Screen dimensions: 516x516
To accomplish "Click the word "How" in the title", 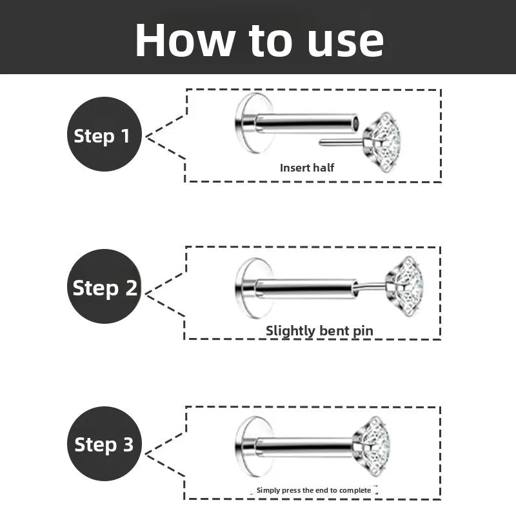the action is pyautogui.click(x=185, y=41).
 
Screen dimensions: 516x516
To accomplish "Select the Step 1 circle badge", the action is pyautogui.click(x=104, y=134).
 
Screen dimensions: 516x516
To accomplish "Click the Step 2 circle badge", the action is pyautogui.click(x=104, y=286).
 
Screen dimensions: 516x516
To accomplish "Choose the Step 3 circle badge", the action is pyautogui.click(x=104, y=444).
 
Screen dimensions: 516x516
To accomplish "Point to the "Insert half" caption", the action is pyautogui.click(x=307, y=168).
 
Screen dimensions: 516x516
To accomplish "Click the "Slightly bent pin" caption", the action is pyautogui.click(x=319, y=331).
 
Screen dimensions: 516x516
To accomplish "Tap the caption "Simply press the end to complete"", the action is pyautogui.click(x=313, y=490).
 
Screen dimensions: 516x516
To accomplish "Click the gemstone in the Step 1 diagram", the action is pyautogui.click(x=382, y=142).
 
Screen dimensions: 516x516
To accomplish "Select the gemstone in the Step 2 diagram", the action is pyautogui.click(x=405, y=286).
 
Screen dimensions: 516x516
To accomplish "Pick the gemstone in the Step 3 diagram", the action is pyautogui.click(x=372, y=446).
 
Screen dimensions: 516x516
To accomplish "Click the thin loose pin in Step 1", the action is pyautogui.click(x=342, y=142).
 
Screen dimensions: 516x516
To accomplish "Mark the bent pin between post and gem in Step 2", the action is pyautogui.click(x=371, y=286).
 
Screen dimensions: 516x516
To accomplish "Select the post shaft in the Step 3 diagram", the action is pyautogui.click(x=304, y=447).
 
